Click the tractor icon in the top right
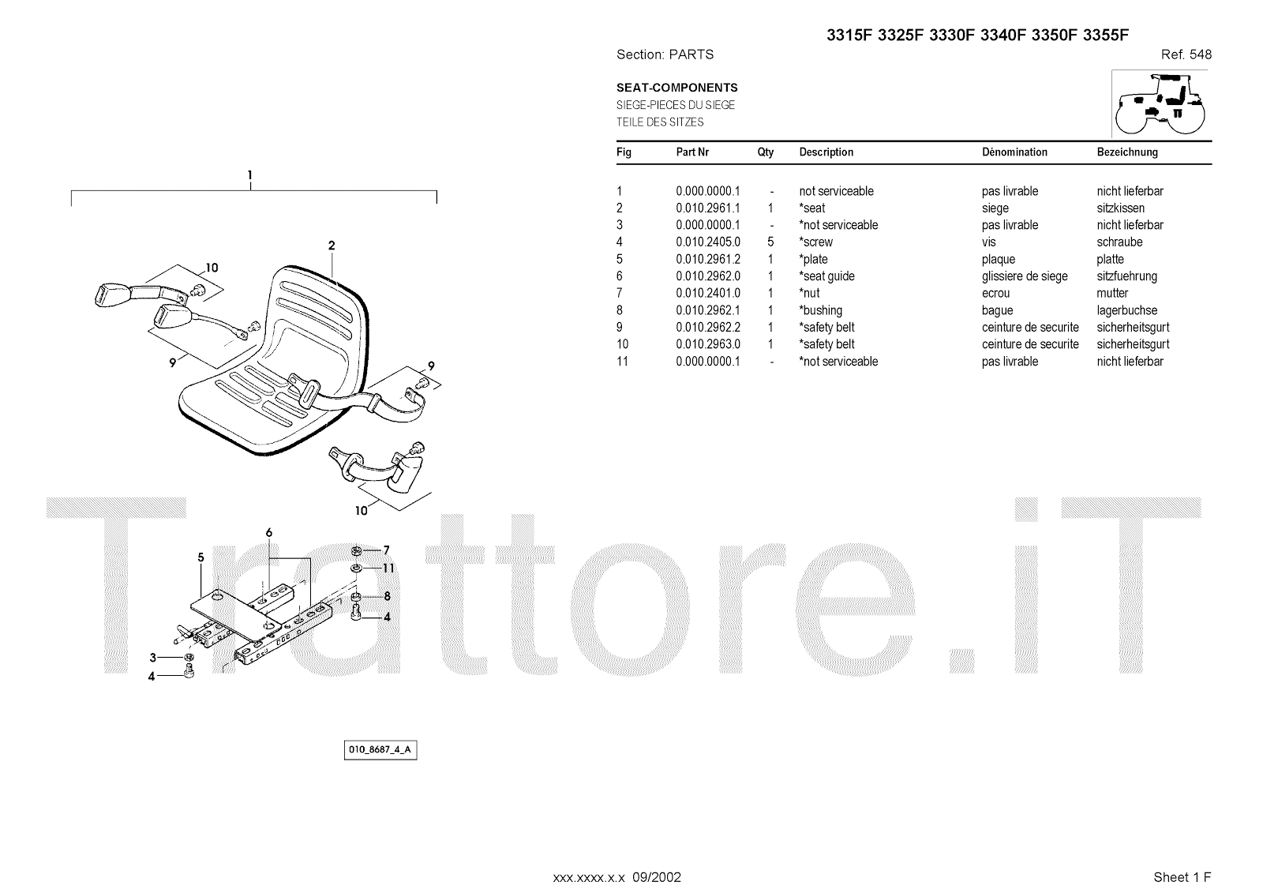[x=1160, y=103]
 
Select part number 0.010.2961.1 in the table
[x=707, y=208]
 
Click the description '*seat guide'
[x=826, y=276]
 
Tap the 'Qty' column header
[x=765, y=152]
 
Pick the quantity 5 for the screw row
[x=770, y=242]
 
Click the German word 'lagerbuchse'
[x=1126, y=310]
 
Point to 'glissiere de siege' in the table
[x=1024, y=276]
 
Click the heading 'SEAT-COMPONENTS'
[x=676, y=88]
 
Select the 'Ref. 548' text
[x=1186, y=54]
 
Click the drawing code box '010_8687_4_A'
[x=380, y=750]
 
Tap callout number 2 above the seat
[x=332, y=246]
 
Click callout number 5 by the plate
[x=201, y=557]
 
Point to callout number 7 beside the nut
[x=387, y=550]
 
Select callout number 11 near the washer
[x=388, y=568]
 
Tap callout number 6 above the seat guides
[x=268, y=533]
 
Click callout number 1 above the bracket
[x=249, y=174]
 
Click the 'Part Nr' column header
[x=692, y=152]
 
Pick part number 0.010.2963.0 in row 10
[x=707, y=344]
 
